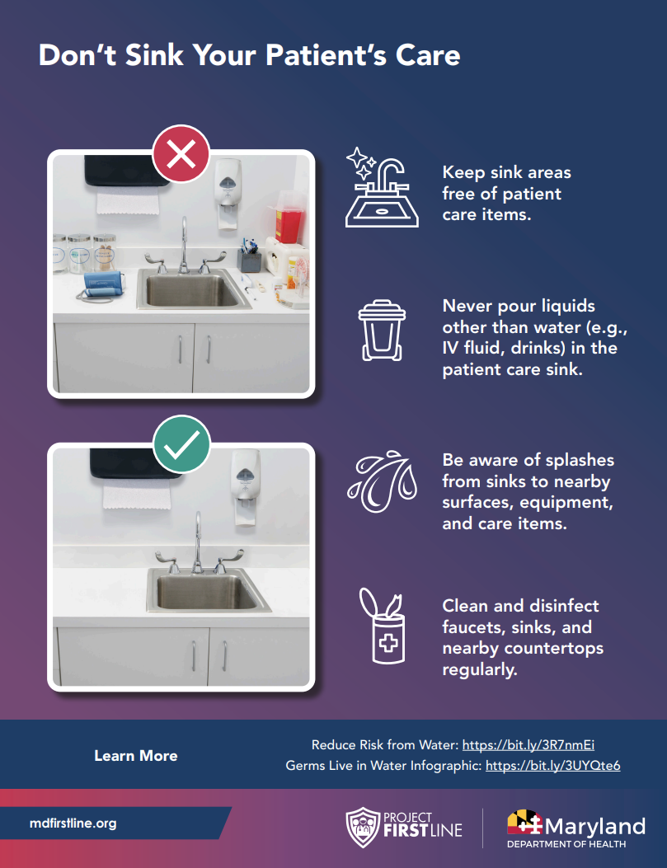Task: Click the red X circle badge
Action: click(x=181, y=153)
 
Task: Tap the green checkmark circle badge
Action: click(x=181, y=444)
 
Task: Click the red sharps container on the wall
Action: click(x=287, y=218)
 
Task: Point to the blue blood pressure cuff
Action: click(x=104, y=284)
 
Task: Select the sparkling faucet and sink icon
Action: click(x=382, y=187)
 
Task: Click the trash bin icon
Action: click(x=382, y=331)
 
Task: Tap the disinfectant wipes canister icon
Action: click(x=383, y=626)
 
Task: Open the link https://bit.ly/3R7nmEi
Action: click(x=528, y=745)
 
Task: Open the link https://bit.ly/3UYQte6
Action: click(x=552, y=766)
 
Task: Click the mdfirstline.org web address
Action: click(x=73, y=823)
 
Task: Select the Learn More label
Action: click(x=135, y=756)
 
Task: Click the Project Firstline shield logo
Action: click(x=363, y=827)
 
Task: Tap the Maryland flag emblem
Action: click(x=524, y=823)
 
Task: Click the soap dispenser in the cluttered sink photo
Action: click(x=228, y=193)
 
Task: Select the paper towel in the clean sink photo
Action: click(x=136, y=493)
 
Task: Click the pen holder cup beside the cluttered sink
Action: click(x=250, y=260)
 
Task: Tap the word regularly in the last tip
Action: click(x=479, y=669)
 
